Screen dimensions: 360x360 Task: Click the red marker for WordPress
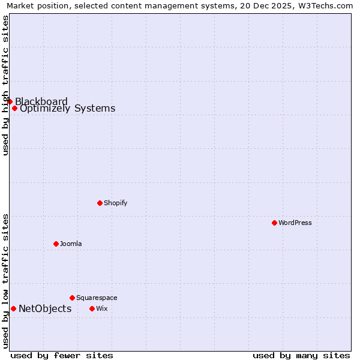tap(274, 223)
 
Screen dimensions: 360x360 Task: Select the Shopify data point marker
tap(100, 203)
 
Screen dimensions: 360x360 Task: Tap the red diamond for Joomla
tap(56, 244)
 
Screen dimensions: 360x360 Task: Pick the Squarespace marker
tap(72, 298)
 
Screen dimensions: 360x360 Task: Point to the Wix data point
tap(92, 308)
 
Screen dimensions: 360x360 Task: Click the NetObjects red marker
tap(13, 308)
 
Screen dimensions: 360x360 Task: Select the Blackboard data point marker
tap(10, 101)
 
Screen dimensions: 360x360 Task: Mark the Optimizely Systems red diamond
tap(14, 108)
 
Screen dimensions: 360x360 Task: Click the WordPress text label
tap(295, 223)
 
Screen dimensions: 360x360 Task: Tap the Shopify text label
tap(115, 203)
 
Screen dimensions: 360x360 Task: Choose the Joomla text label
tap(71, 244)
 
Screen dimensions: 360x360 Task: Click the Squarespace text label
tap(97, 298)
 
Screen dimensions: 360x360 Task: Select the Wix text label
tap(101, 308)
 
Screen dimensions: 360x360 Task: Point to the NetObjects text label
tap(45, 308)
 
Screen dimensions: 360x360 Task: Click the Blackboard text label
tap(41, 101)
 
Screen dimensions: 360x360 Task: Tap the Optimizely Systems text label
tap(67, 109)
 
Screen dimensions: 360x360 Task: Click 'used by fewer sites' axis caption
tap(62, 355)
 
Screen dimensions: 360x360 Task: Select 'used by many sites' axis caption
tap(301, 355)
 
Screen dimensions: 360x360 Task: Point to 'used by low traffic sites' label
tap(5, 280)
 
